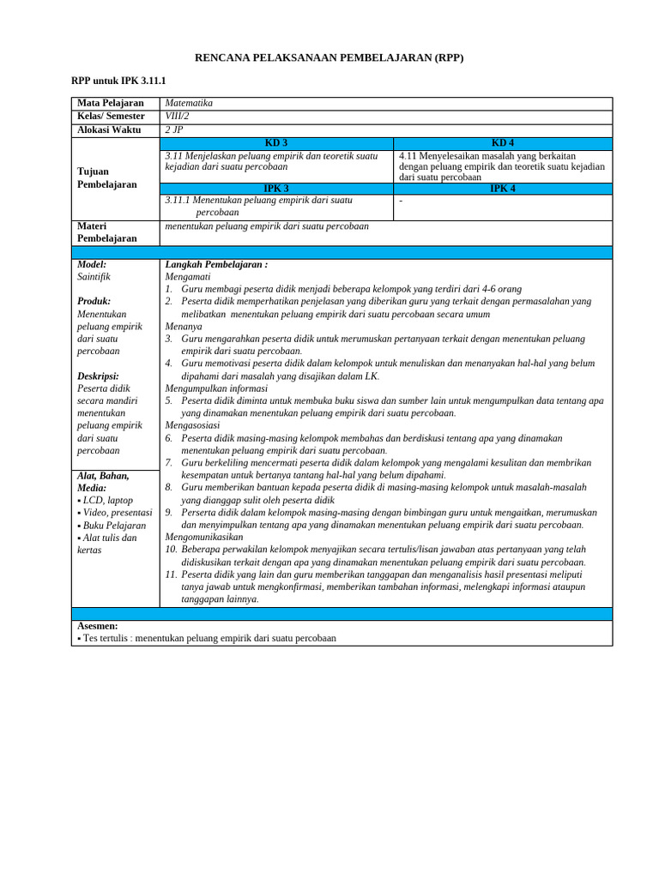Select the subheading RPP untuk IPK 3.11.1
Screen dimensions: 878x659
pyautogui.click(x=118, y=80)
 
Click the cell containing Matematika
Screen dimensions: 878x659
pyautogui.click(x=189, y=103)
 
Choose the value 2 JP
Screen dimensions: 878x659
pyautogui.click(x=174, y=129)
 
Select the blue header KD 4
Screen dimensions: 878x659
pyautogui.click(x=503, y=143)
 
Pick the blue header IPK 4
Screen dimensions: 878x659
pyautogui.click(x=503, y=188)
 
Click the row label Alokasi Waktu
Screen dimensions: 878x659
pyautogui.click(x=112, y=129)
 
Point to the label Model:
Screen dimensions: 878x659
pyautogui.click(x=92, y=265)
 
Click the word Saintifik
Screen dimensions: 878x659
pyautogui.click(x=94, y=277)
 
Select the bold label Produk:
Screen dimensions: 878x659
pyautogui.click(x=94, y=302)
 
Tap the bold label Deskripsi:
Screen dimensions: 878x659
pyautogui.click(x=98, y=376)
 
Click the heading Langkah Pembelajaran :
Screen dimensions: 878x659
pyautogui.click(x=216, y=265)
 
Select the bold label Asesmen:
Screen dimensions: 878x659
pyautogui.click(x=98, y=627)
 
